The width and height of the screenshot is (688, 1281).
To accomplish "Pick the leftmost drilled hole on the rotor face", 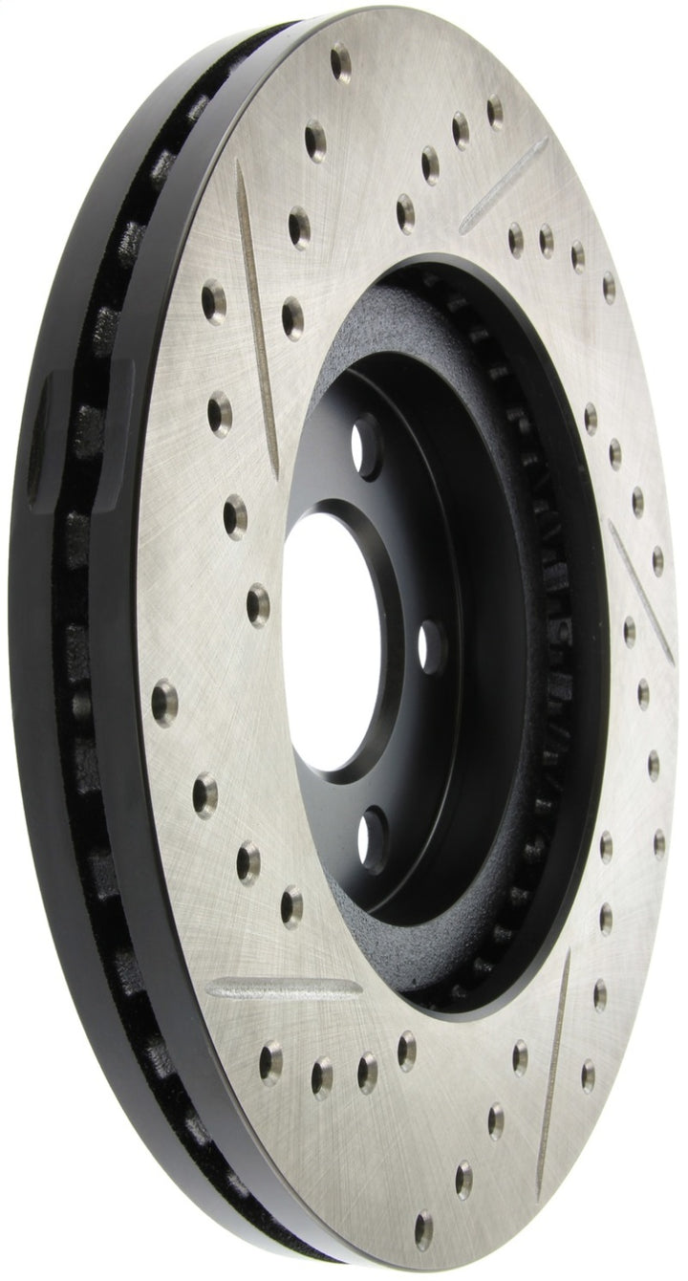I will coord(164,700).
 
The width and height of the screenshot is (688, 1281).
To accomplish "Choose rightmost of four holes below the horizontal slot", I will coord(406,1050).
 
